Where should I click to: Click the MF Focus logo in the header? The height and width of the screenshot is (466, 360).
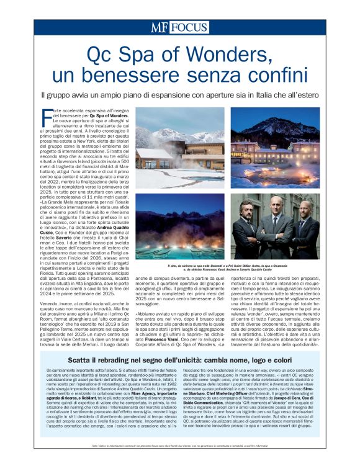click(179, 27)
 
